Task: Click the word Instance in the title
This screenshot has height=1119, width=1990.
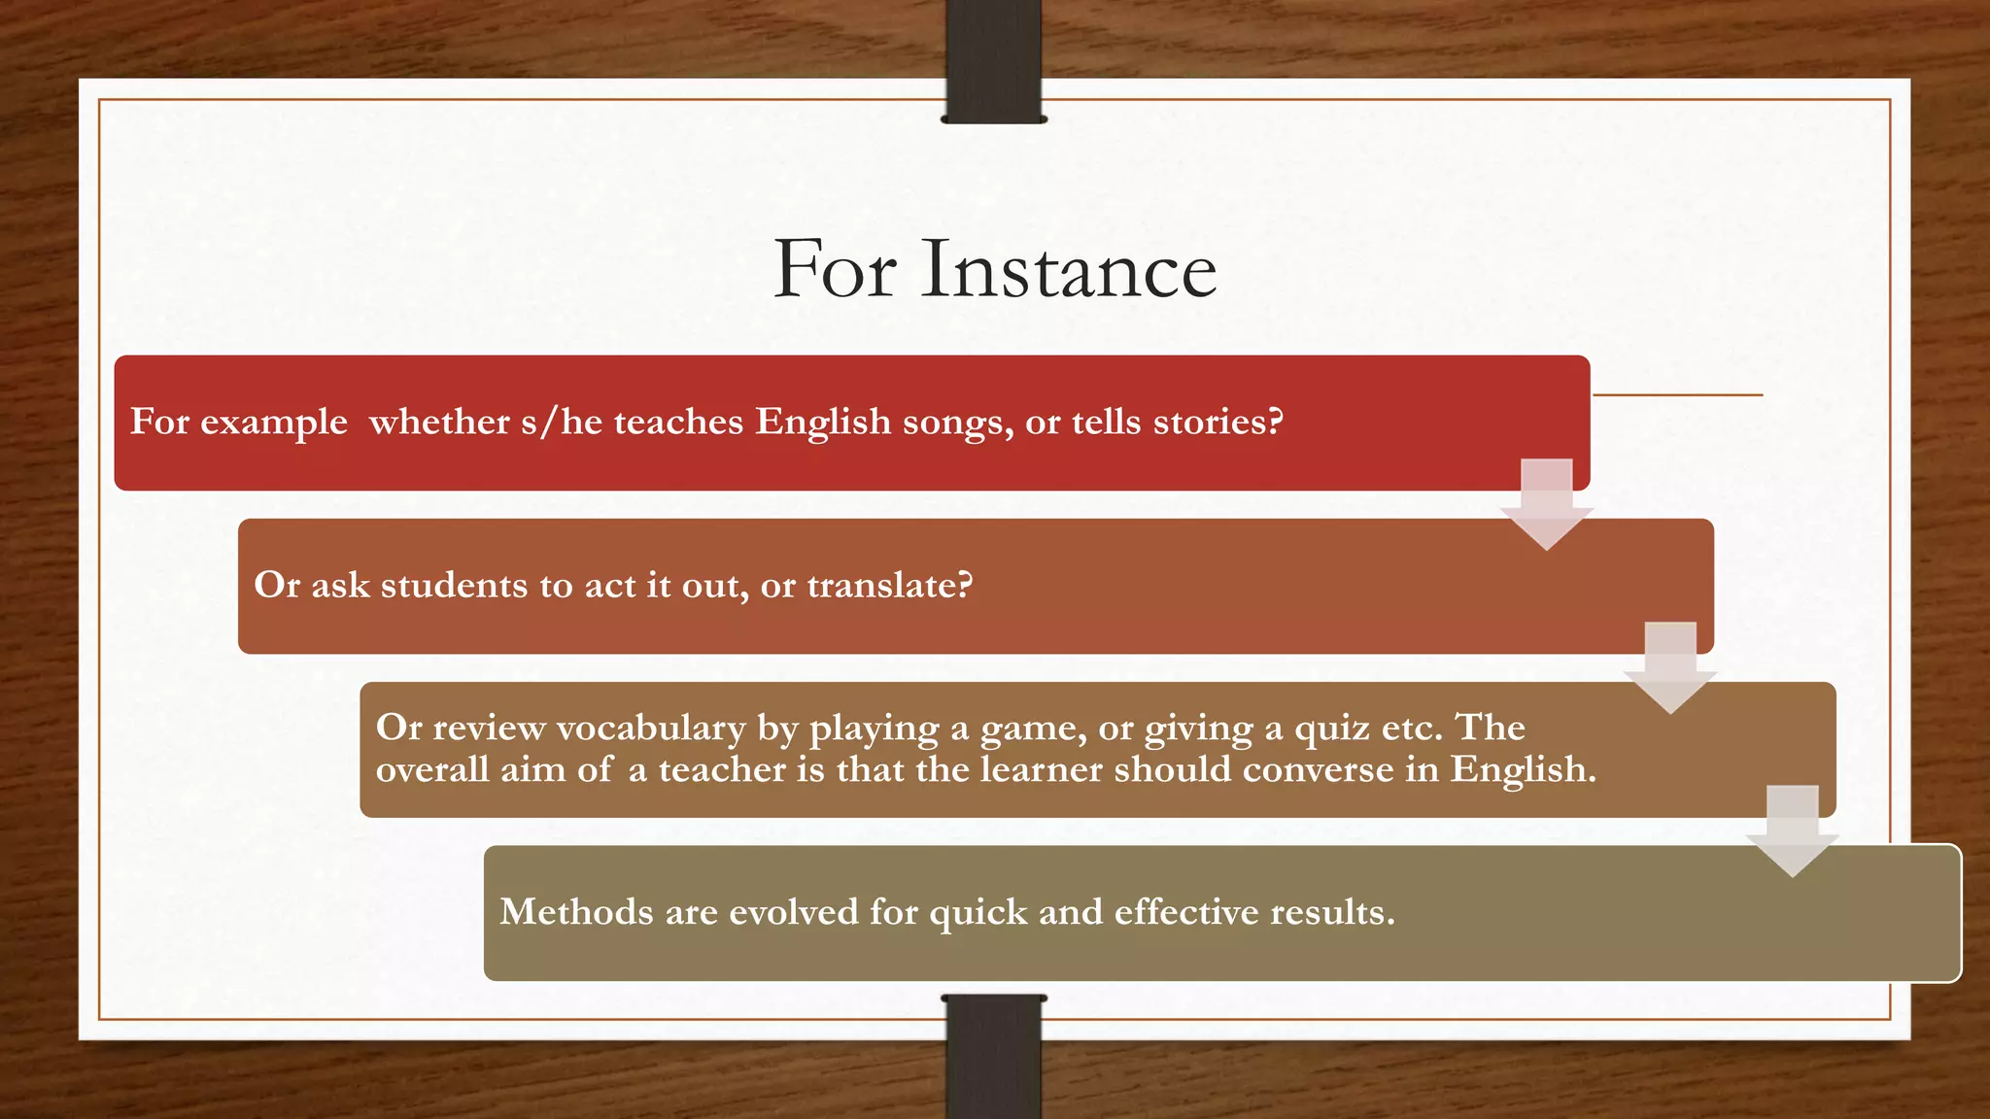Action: click(1069, 269)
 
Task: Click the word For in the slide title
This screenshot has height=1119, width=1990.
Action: click(835, 269)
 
